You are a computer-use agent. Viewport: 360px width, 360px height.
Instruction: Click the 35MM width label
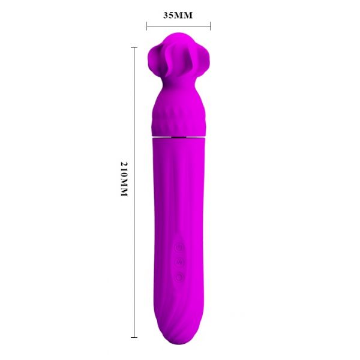[x=178, y=16]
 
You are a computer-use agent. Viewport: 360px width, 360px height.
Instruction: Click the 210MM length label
[x=124, y=179]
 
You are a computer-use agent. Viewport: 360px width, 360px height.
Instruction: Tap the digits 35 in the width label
[x=168, y=16]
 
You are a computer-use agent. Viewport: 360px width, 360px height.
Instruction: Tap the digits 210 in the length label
[x=124, y=170]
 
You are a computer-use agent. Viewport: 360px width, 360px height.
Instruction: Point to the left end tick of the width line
[x=146, y=26]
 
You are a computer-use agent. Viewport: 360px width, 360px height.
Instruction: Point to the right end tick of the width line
[x=211, y=26]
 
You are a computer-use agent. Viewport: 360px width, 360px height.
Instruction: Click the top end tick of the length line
[x=134, y=47]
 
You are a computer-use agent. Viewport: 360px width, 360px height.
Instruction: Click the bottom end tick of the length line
[x=134, y=337]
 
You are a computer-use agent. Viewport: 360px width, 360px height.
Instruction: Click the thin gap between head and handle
[x=178, y=137]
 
